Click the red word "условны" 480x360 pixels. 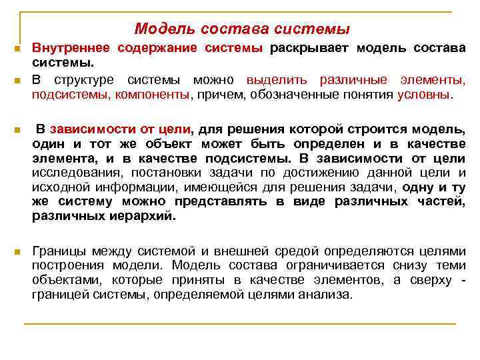[423, 95]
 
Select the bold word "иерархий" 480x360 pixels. [143, 217]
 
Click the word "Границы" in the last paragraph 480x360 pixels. [59, 251]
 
